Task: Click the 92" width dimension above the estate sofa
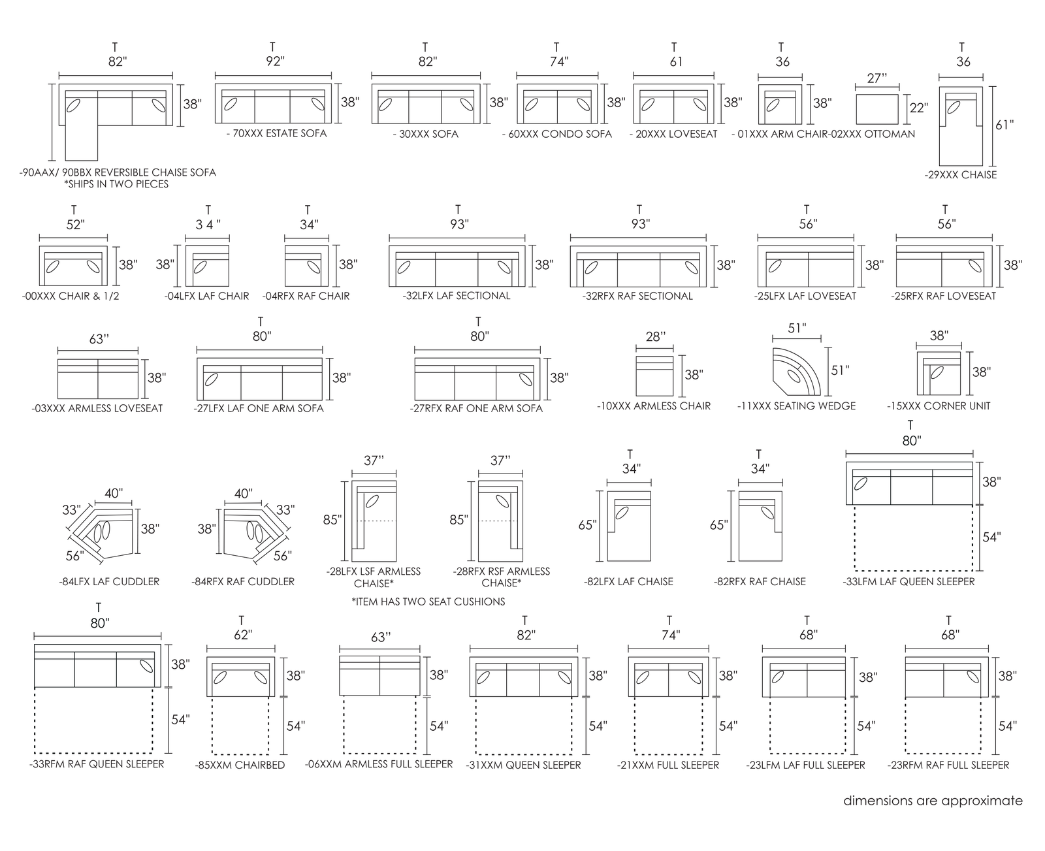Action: [x=275, y=61]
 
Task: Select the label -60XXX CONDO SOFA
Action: [x=557, y=134]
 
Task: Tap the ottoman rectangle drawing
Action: [x=876, y=109]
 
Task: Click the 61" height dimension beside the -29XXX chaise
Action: [x=1005, y=125]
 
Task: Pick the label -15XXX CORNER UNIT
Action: [x=938, y=406]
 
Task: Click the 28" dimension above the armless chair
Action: [x=656, y=336]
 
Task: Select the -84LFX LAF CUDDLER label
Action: [x=109, y=582]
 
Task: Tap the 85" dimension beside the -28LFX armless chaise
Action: [x=332, y=519]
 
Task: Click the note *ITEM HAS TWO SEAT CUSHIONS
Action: [x=428, y=602]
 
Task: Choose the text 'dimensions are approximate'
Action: [x=933, y=801]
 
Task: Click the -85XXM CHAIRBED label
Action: [x=240, y=765]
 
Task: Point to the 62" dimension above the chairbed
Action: [x=243, y=635]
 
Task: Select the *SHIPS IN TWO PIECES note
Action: [x=116, y=184]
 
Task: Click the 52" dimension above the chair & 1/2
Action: [x=76, y=224]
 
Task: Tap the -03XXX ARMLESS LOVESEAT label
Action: [x=97, y=409]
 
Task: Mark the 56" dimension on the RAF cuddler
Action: [x=283, y=556]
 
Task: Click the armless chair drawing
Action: [x=654, y=376]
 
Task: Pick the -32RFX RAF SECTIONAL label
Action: [x=637, y=297]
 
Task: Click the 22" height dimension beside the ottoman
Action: [x=919, y=107]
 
